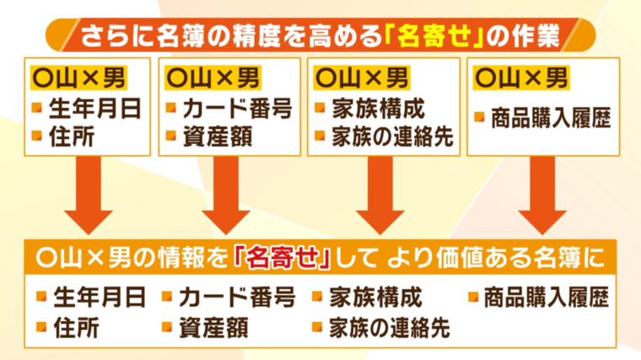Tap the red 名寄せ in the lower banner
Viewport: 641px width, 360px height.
(282, 258)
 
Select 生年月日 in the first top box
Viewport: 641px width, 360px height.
(94, 109)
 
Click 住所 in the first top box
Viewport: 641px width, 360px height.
(72, 136)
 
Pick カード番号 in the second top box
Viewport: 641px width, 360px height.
(238, 109)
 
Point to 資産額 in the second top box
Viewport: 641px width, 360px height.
(218, 136)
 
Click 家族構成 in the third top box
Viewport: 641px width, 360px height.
(379, 109)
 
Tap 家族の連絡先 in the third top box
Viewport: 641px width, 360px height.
(392, 136)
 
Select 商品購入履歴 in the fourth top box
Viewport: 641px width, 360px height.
(551, 118)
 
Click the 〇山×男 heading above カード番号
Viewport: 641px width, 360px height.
(213, 78)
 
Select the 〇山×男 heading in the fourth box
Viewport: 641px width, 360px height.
(521, 78)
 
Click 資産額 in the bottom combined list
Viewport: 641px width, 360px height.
(213, 328)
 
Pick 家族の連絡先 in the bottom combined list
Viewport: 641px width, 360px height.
(390, 328)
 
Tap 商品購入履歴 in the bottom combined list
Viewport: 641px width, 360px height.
(547, 297)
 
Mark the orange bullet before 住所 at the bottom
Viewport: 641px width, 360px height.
(41, 327)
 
